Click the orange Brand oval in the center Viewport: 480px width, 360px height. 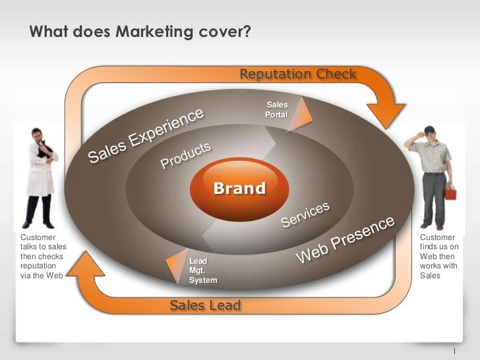(x=239, y=189)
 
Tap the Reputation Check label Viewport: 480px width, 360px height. (x=297, y=73)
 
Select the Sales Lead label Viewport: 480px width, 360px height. (x=205, y=305)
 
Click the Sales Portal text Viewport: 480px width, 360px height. (x=276, y=110)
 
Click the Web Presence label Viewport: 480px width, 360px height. (x=347, y=239)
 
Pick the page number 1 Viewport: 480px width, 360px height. (x=454, y=350)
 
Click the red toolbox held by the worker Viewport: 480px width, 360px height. (x=451, y=193)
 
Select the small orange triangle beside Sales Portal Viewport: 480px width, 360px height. (x=297, y=117)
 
